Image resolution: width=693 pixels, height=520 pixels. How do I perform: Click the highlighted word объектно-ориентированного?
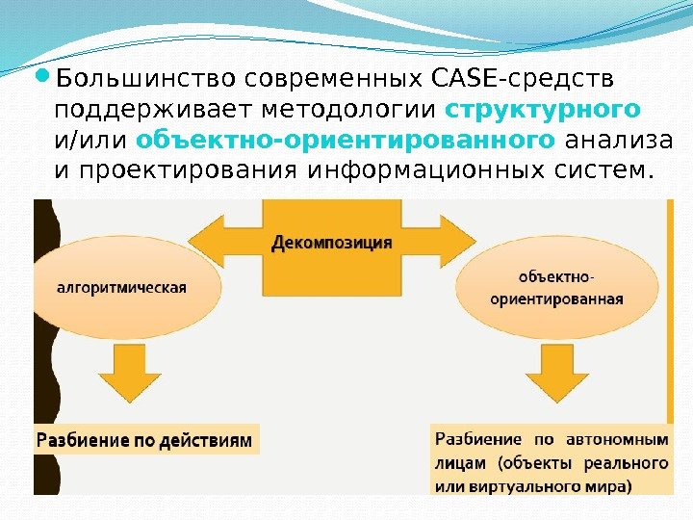point(346,141)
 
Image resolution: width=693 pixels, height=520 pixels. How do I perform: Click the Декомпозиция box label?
point(331,242)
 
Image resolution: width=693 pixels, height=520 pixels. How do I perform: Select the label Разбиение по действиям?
point(144,441)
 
